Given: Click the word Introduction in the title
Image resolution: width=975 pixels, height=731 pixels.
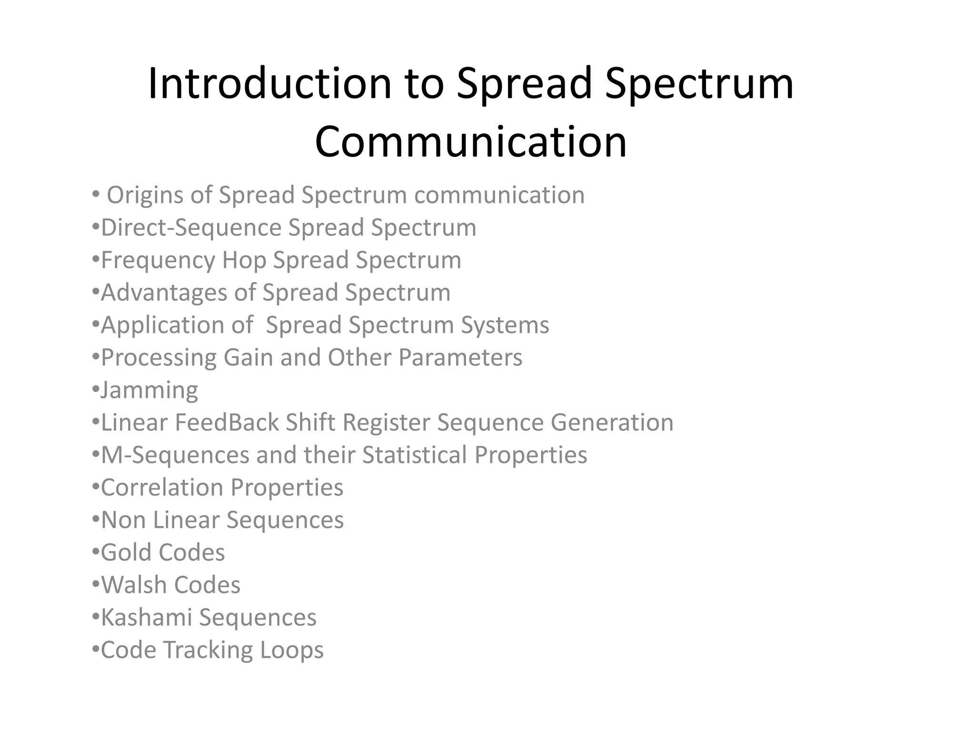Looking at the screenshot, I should pos(269,84).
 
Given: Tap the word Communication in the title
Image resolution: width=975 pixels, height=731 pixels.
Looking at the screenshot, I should pos(470,142).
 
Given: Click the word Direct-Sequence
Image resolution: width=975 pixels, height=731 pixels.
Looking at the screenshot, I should pos(191,227).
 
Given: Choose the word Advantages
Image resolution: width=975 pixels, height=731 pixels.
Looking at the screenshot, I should pos(164,293).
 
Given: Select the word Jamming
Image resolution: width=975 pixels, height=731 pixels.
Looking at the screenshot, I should pos(149,390).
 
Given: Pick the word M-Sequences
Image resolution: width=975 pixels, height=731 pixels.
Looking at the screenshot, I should pos(175,455).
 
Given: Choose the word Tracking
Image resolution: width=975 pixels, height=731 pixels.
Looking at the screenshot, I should pos(208,650).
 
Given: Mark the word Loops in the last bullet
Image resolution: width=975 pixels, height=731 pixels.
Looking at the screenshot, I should pos(292,650).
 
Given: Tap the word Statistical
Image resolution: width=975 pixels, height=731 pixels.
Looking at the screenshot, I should pos(414,455).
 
